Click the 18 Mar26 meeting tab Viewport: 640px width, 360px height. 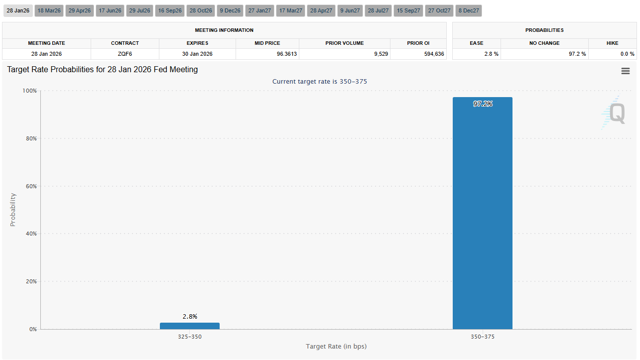(x=49, y=10)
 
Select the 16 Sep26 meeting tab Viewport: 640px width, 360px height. (x=170, y=10)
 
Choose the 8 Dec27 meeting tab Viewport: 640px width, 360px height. (x=468, y=10)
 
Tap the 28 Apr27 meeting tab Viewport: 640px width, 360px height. (x=321, y=10)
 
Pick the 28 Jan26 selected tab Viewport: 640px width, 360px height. (x=17, y=10)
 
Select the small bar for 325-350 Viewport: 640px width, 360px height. (x=190, y=326)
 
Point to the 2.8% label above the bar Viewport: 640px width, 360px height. (x=190, y=316)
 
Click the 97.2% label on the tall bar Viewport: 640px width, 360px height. (x=483, y=104)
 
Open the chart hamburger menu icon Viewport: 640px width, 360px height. (x=626, y=71)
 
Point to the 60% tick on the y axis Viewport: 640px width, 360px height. (x=31, y=186)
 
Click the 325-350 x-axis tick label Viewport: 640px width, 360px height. (x=190, y=337)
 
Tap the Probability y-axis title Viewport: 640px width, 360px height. (x=13, y=210)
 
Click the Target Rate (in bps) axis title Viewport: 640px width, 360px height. (x=336, y=346)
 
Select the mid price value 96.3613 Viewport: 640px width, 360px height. (x=286, y=54)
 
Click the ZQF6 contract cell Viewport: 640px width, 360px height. (x=125, y=54)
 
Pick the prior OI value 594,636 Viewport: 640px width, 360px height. (x=432, y=54)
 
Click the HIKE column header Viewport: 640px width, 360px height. (x=612, y=43)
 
